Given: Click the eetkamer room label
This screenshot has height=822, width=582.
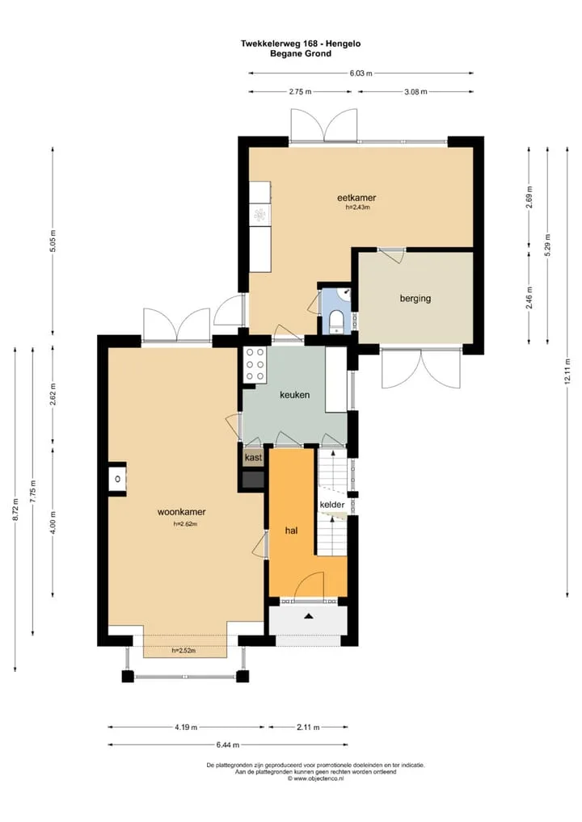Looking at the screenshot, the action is (x=356, y=198).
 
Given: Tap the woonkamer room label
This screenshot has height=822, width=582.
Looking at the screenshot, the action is (x=182, y=512).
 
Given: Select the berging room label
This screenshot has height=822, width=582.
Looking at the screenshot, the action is (x=415, y=298).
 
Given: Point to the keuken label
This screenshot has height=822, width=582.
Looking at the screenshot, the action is (x=294, y=394).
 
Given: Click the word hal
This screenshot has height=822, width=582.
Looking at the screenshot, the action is (x=291, y=530).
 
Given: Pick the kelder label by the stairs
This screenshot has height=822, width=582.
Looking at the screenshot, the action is (x=332, y=505).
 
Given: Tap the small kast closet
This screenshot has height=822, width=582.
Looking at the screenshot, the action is (x=253, y=457).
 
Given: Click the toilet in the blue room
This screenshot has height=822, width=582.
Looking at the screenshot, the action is (x=335, y=321).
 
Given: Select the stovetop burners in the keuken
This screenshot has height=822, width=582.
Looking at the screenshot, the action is (x=255, y=364).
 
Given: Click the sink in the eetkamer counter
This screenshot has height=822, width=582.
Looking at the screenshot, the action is (x=259, y=214).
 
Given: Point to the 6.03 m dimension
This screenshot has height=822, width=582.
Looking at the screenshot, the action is (x=361, y=73).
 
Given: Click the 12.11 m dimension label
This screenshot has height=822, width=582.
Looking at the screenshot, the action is (x=567, y=371).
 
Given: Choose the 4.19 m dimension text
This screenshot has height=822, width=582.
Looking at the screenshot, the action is (x=186, y=727).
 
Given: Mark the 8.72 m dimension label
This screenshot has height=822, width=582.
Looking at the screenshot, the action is (x=15, y=510).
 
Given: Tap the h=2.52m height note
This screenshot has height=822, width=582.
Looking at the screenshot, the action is (x=183, y=651).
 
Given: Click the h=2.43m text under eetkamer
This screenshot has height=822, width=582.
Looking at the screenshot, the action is (x=357, y=207).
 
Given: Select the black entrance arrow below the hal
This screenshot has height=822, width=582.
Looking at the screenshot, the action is (x=309, y=617).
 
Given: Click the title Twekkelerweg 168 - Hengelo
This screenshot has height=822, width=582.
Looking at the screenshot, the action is (x=301, y=44).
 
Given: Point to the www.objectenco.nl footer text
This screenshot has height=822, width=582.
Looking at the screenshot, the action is (x=316, y=778).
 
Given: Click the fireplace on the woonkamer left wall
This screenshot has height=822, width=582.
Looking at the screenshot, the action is (x=117, y=479).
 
